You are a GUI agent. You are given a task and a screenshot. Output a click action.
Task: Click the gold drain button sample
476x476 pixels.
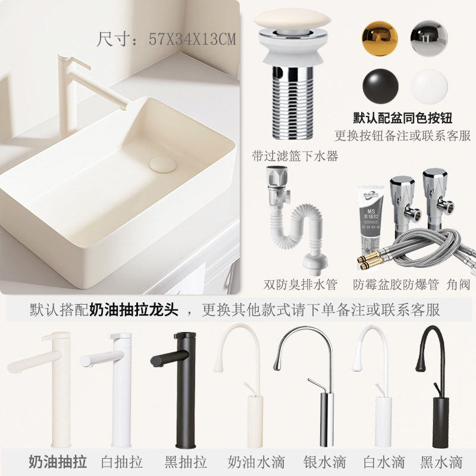point(380,38)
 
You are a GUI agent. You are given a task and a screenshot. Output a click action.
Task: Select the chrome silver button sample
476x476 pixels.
point(429,38)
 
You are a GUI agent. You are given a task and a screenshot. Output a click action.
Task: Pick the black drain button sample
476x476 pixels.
point(380,86)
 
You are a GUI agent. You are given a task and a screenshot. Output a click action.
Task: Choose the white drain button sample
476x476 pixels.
point(429,87)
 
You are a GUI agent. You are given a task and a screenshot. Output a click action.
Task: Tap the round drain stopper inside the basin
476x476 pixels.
point(162,165)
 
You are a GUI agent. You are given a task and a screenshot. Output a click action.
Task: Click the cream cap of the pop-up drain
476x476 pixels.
point(292,19)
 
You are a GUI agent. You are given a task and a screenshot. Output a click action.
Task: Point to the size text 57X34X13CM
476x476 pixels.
point(192,39)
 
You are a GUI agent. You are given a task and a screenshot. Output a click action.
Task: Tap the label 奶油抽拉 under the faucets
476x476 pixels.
point(58,462)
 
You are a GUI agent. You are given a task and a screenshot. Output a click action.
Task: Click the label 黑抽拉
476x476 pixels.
point(186,462)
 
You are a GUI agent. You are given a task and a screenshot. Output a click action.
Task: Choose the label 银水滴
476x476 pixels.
point(324,462)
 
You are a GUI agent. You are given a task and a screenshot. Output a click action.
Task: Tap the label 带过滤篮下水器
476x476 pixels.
point(295,156)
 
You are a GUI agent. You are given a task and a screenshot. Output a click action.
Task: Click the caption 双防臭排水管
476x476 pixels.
point(300,284)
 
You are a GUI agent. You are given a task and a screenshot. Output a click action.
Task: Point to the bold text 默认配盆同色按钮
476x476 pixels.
point(403,118)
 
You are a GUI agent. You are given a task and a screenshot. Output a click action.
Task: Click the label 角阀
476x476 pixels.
point(458,284)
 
